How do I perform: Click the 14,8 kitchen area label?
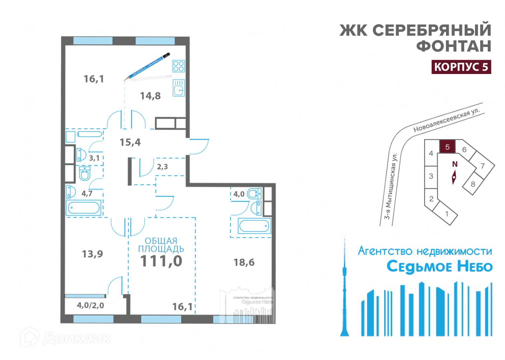coord(150,96)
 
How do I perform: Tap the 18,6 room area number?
coord(244,262)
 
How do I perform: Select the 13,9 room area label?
coord(92,254)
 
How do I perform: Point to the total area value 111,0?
coord(161,261)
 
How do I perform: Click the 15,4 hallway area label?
coord(130,142)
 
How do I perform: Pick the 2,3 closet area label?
coord(162,167)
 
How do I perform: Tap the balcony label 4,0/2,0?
coord(90,305)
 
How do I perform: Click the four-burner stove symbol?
coord(179,66)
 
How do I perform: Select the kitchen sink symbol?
coord(179,88)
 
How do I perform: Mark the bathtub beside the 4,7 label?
coord(84,208)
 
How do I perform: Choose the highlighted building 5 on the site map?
coord(447,147)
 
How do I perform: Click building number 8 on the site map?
coord(473,184)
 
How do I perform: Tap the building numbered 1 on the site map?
coord(446,214)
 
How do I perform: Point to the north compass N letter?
coord(455,164)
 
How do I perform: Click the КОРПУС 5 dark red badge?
coord(461,67)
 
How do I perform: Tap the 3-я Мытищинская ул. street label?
coord(391,186)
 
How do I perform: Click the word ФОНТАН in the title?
coord(454,46)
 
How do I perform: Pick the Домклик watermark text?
coord(77,338)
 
